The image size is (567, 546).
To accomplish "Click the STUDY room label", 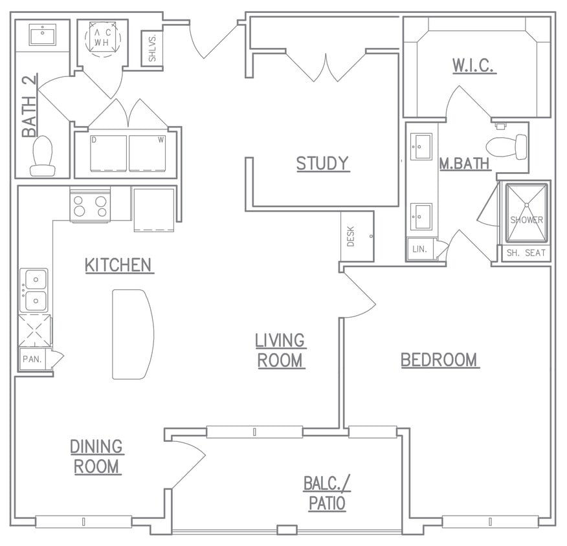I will click(x=322, y=164).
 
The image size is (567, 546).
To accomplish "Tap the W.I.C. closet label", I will click(x=474, y=66).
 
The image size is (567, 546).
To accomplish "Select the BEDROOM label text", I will click(x=439, y=360).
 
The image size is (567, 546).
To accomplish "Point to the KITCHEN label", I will click(x=118, y=265).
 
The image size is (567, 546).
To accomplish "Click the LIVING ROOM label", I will click(x=280, y=350).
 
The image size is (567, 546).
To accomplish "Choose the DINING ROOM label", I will click(x=96, y=456).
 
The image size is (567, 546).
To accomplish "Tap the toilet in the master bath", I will click(x=506, y=147).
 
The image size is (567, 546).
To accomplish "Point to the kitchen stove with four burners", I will click(x=90, y=206).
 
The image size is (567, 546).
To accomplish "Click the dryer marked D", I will click(x=108, y=153).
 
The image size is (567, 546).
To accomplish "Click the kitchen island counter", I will click(x=132, y=334).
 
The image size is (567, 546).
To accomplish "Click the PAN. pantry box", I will click(x=30, y=358).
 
